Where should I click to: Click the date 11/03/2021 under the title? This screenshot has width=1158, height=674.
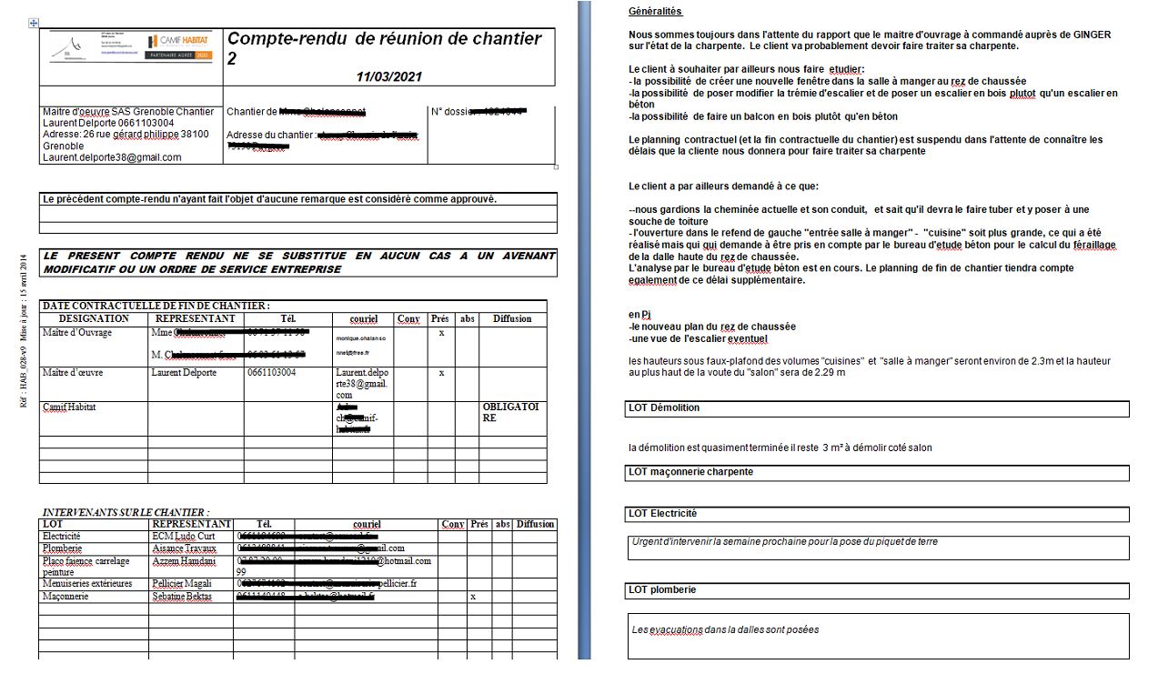coord(388,77)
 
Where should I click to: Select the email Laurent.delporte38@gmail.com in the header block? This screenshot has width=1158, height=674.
coord(112,157)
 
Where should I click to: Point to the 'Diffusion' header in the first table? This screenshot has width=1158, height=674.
coord(512,319)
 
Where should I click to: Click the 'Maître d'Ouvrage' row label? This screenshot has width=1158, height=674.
coord(77,333)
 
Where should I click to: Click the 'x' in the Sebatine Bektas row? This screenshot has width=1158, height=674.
coord(472,597)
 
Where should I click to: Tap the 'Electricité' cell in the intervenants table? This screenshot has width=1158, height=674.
coord(62,537)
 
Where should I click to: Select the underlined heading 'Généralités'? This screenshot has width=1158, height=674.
coord(655,12)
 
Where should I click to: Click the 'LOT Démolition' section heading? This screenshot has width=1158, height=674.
coord(665,407)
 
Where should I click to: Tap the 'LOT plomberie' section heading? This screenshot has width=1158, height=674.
coord(662,589)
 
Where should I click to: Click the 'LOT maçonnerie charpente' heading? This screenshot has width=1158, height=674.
coord(691,471)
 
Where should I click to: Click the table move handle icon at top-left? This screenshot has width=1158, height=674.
coord(34,23)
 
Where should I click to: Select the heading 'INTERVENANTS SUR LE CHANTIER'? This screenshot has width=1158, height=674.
coord(126,513)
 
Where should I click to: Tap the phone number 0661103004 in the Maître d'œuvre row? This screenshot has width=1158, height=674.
coord(274,373)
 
